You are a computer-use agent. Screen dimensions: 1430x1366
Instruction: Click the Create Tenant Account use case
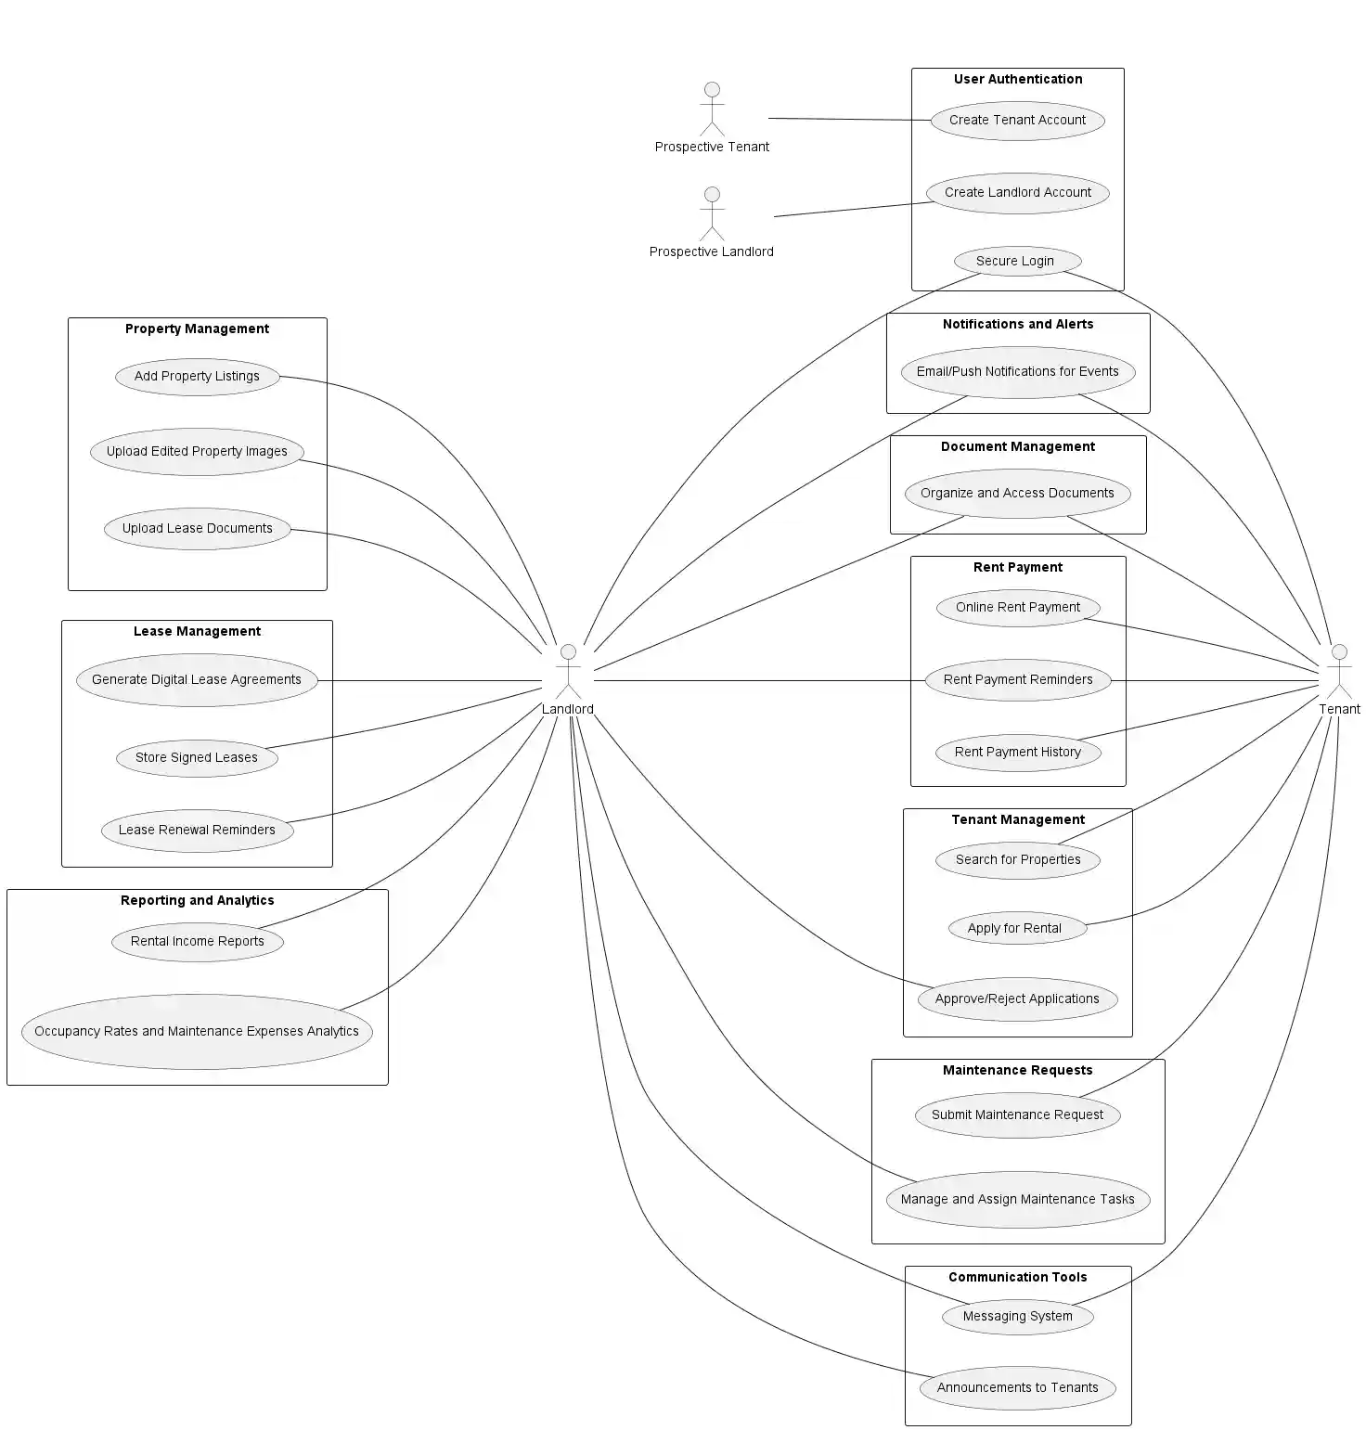click(x=1017, y=121)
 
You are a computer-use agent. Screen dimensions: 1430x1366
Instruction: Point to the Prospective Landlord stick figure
click(x=712, y=214)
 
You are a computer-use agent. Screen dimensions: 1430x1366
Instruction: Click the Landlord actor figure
click(x=568, y=672)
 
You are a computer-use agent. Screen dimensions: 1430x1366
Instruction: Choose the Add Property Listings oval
click(x=197, y=377)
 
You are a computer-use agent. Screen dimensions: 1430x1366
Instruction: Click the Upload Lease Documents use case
click(x=197, y=529)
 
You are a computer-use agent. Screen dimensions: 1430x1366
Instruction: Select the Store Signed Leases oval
click(x=197, y=757)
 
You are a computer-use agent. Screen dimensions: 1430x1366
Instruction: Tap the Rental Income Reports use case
click(x=197, y=941)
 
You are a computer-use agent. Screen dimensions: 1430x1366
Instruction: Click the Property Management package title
click(x=197, y=329)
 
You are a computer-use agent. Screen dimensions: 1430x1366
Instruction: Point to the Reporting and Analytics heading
click(x=197, y=900)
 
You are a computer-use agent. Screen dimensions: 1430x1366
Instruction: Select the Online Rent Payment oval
click(x=1017, y=608)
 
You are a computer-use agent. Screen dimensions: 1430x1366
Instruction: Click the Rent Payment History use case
click(x=1017, y=752)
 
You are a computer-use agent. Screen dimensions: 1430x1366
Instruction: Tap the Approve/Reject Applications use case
click(x=1017, y=999)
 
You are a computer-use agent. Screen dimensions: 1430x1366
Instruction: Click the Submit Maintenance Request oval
click(x=1017, y=1114)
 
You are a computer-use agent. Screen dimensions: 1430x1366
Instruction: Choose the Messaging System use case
click(x=1017, y=1316)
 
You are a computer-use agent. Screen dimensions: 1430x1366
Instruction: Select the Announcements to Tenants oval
click(x=1017, y=1388)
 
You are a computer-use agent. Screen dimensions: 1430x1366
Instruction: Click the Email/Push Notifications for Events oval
click(x=1017, y=372)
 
